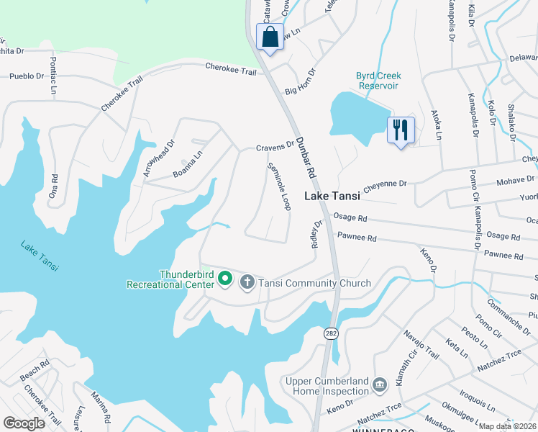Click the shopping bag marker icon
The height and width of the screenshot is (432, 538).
(x=270, y=37)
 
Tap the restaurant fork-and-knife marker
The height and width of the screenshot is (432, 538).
(x=401, y=130)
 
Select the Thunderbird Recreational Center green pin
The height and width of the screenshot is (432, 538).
(x=224, y=278)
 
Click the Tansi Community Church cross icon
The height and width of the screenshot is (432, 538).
(x=247, y=282)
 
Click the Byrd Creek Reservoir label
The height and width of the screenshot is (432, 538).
(x=378, y=81)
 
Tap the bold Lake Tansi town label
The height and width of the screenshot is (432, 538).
(x=334, y=196)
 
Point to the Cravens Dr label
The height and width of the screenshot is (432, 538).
(x=275, y=148)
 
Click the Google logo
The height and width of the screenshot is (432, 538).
(x=24, y=423)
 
